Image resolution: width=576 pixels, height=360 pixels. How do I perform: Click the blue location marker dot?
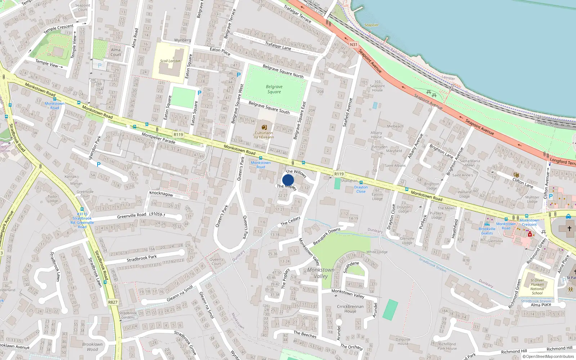click(288, 180)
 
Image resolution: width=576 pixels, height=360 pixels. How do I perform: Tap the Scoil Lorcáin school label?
click(170, 61)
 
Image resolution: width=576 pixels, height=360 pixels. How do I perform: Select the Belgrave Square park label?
click(274, 89)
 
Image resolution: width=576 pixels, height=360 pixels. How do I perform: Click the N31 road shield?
click(354, 45)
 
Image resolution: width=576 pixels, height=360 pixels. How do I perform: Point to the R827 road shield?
click(113, 302)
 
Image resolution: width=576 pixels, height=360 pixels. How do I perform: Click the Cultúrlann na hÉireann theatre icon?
click(264, 127)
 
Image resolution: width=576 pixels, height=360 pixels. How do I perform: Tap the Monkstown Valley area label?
click(321, 273)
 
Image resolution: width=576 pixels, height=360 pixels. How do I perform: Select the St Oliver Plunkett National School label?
click(537, 287)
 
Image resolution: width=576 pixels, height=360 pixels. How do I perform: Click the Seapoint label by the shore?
click(371, 25)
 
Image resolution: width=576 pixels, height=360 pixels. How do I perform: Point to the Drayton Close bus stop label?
click(361, 189)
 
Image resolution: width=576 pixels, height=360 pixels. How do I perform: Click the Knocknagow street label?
click(161, 194)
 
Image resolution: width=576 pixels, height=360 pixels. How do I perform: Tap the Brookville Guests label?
click(487, 231)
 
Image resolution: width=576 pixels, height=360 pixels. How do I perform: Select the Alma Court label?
click(116, 52)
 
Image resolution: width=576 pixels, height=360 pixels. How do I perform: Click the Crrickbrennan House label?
click(350, 309)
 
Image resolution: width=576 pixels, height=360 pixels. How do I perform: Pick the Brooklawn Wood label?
click(92, 347)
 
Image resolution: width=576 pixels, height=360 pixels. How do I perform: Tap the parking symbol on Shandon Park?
click(99, 165)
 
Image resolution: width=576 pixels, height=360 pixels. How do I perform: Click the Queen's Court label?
click(216, 261)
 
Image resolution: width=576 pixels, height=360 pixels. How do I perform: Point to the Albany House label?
click(376, 135)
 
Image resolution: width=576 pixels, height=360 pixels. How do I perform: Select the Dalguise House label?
click(403, 341)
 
